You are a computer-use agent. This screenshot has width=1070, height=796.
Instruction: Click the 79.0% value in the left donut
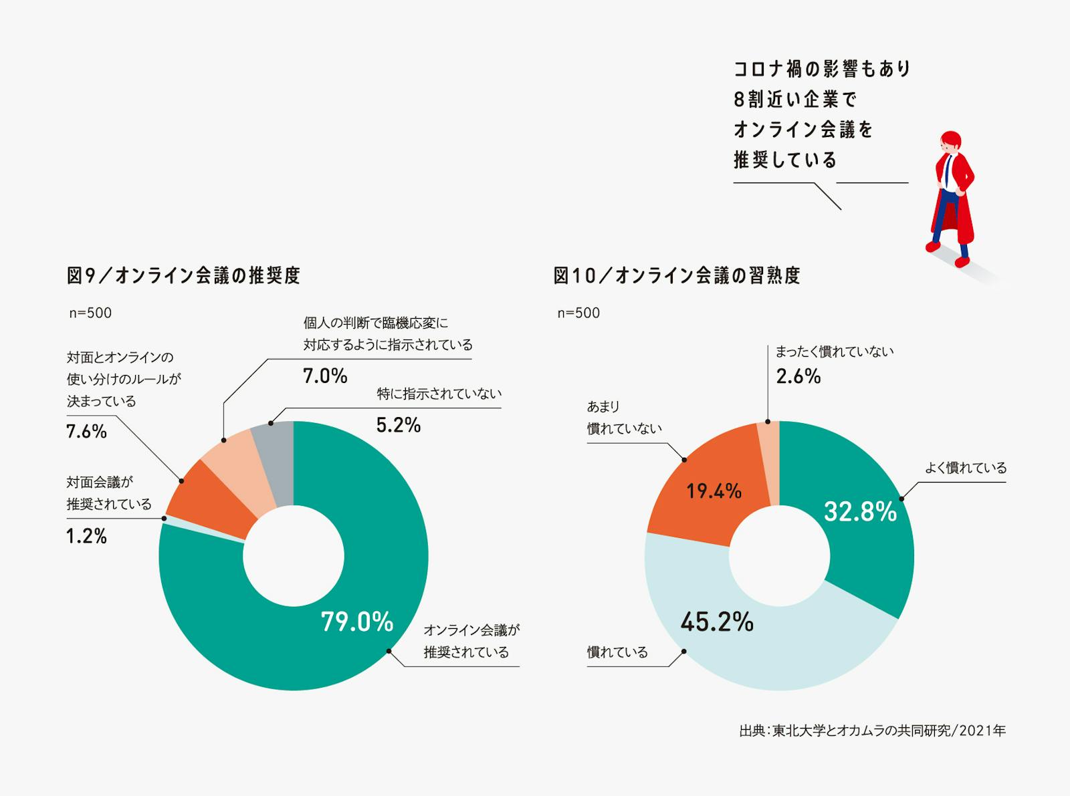pos(357,622)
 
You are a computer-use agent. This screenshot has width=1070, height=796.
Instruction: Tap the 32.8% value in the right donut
pos(860,512)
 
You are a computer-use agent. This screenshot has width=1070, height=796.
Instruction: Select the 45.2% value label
pos(717,622)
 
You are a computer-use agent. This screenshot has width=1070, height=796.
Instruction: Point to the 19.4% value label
pos(714,492)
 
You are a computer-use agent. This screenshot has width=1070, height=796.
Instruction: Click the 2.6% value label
pos(798,376)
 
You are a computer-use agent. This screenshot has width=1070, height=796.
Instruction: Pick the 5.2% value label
pos(398,425)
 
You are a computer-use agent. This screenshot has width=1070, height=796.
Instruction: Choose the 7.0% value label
pos(325,376)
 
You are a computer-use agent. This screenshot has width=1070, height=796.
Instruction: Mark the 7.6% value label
pos(86,432)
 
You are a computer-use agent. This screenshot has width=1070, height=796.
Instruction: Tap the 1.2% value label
pos(86,536)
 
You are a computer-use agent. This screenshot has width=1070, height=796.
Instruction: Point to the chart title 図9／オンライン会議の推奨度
pos(183,275)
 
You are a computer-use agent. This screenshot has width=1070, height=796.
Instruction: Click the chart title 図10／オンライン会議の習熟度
pos(676,275)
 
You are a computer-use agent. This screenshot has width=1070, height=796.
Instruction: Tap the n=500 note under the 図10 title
pos(578,313)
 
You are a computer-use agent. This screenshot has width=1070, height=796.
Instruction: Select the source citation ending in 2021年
pos(872,731)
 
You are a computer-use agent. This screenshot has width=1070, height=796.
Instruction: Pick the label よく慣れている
pos(965,468)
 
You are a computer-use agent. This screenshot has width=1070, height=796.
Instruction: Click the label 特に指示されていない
pos(439,394)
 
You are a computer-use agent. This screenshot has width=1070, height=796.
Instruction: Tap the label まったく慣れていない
pos(834,352)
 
